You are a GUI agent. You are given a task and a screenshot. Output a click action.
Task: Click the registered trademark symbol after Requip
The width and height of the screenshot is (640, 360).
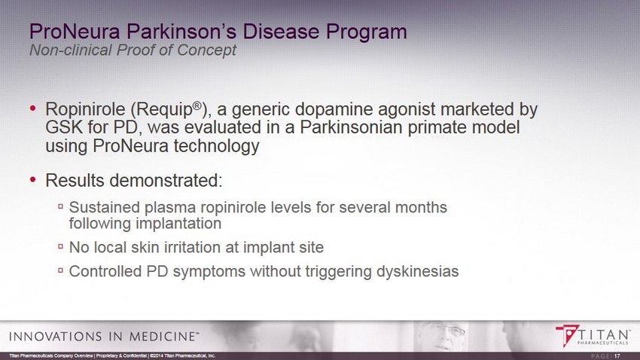click(197, 105)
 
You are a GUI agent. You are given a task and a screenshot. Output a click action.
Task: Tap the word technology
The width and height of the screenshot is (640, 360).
click(217, 145)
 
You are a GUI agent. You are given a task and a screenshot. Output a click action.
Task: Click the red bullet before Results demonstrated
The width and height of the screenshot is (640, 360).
click(32, 179)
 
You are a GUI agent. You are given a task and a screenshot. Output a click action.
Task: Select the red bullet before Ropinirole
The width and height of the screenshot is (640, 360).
click(32, 108)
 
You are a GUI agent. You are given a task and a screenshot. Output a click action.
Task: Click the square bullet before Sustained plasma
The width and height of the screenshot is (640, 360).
click(60, 206)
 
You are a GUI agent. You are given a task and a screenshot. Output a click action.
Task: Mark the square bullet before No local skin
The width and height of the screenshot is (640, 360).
click(60, 246)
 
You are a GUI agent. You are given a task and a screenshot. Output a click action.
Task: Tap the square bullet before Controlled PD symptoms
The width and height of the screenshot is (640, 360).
click(60, 270)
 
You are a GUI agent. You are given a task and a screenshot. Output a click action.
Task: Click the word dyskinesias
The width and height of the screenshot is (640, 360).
click(418, 271)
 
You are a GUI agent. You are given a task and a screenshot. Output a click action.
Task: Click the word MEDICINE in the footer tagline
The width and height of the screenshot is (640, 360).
click(162, 337)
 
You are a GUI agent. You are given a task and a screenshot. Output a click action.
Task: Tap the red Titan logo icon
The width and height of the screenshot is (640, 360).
click(568, 335)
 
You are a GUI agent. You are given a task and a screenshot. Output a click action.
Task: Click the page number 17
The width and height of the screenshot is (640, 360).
click(617, 356)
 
